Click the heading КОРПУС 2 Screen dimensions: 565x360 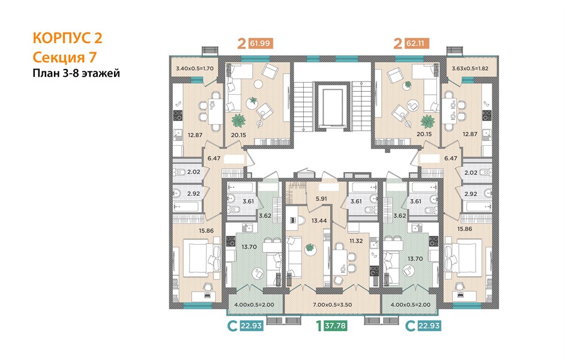67,38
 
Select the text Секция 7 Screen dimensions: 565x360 65,57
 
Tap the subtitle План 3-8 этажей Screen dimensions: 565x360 76,73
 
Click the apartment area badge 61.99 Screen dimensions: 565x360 260,44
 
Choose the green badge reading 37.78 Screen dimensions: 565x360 335,326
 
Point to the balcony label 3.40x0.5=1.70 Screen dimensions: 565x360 195,68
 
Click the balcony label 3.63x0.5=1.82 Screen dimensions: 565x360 470,68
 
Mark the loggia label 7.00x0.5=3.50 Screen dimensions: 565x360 332,305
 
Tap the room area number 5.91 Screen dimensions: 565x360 321,199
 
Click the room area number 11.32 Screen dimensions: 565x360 355,241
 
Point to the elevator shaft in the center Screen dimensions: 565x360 332,107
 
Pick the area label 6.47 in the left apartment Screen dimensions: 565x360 214,158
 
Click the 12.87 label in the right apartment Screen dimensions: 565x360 470,134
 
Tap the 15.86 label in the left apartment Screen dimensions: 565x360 206,231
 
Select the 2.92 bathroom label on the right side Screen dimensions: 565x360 471,194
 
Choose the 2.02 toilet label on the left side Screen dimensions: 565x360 193,172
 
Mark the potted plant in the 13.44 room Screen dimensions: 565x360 310,248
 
